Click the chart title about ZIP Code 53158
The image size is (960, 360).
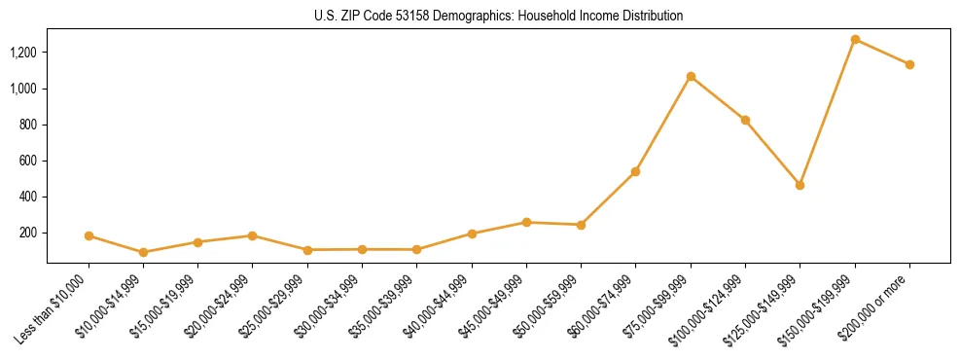499,16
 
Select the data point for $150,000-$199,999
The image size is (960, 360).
855,39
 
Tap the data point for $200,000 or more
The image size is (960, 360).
909,64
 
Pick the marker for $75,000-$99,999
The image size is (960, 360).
691,76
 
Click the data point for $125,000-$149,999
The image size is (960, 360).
800,184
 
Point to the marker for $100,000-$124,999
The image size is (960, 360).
745,120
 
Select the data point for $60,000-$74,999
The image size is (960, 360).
635,171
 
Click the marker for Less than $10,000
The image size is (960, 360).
89,235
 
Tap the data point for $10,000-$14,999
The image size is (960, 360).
143,252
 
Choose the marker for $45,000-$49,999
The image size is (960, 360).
526,222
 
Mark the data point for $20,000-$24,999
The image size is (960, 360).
253,235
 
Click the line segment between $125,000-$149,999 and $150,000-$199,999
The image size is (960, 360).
828,111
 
